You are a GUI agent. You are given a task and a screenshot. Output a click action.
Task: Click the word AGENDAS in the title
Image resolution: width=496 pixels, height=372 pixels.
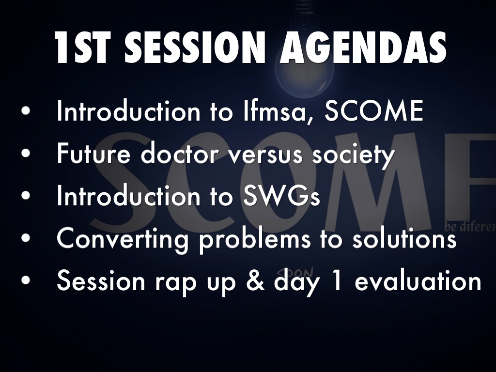(363, 47)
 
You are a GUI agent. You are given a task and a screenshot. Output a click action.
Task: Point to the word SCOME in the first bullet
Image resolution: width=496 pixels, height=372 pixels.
(374, 111)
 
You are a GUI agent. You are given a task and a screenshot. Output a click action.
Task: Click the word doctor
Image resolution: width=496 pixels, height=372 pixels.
(180, 154)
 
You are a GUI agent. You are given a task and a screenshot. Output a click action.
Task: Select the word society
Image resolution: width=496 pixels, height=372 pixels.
(354, 155)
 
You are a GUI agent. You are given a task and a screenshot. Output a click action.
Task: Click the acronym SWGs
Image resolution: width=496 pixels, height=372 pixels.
(281, 196)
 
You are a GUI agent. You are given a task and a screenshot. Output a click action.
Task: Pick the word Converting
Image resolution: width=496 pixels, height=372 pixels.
(122, 240)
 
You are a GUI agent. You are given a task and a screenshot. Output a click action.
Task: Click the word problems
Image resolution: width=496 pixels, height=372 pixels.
(255, 240)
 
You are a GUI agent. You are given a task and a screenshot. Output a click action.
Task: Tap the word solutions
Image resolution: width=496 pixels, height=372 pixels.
(404, 238)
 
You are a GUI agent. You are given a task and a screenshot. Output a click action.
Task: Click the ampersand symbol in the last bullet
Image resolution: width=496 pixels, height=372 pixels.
(255, 280)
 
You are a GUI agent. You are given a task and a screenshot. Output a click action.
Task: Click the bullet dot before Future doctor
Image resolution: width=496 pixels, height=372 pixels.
(26, 153)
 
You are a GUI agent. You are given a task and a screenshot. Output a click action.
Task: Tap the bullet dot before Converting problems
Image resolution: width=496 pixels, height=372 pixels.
(26, 238)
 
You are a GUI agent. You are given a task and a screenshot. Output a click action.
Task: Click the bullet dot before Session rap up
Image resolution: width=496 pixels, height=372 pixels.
(26, 280)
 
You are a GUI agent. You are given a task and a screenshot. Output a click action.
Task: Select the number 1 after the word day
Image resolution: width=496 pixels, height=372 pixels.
(337, 280)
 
